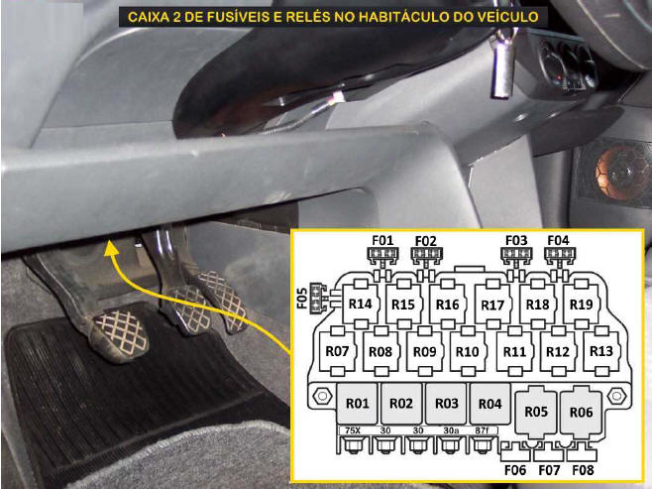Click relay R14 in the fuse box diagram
(x=360, y=304)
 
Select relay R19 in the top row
(x=581, y=305)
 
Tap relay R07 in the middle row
(x=337, y=351)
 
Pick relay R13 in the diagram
(x=601, y=351)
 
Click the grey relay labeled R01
(x=357, y=404)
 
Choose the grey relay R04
(x=489, y=404)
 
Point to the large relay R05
(x=536, y=412)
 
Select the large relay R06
(x=581, y=412)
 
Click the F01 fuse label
(x=382, y=241)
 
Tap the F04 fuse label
(x=558, y=241)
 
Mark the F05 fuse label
(x=303, y=298)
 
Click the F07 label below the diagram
(x=549, y=470)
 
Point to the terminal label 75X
(x=353, y=430)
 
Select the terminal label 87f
(x=482, y=430)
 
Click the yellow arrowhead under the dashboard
(x=110, y=248)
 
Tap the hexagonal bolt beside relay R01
(x=322, y=396)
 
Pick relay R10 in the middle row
(x=468, y=351)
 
